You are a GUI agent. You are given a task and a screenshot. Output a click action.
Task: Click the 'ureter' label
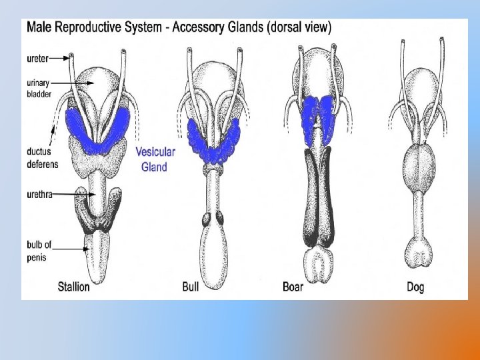(x=38, y=58)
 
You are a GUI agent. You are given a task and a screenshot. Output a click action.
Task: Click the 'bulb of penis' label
(x=39, y=251)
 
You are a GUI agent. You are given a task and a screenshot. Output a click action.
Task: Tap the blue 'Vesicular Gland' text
(x=155, y=159)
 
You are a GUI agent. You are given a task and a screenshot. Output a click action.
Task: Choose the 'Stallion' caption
(x=73, y=287)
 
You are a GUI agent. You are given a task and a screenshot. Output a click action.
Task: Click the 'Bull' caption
(x=191, y=287)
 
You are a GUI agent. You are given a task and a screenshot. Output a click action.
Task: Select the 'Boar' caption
(x=294, y=287)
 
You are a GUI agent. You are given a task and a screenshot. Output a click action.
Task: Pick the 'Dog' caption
(x=415, y=287)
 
